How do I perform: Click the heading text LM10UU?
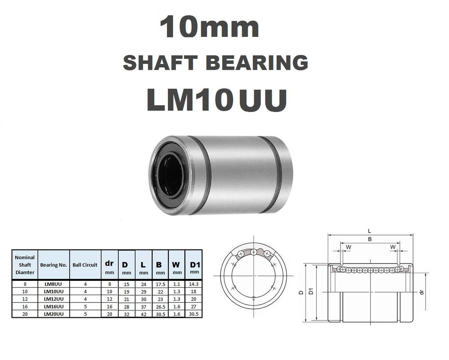(x=216, y=100)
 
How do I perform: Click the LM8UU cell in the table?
(x=53, y=284)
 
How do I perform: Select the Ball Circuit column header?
(x=85, y=265)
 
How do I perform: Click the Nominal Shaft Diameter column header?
(x=25, y=265)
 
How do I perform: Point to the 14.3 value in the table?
(x=194, y=284)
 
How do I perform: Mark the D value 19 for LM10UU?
(x=126, y=292)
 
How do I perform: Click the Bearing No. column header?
(x=53, y=265)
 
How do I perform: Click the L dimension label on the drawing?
(x=369, y=231)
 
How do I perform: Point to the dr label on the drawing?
(x=422, y=292)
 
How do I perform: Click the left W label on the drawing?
(x=348, y=247)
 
